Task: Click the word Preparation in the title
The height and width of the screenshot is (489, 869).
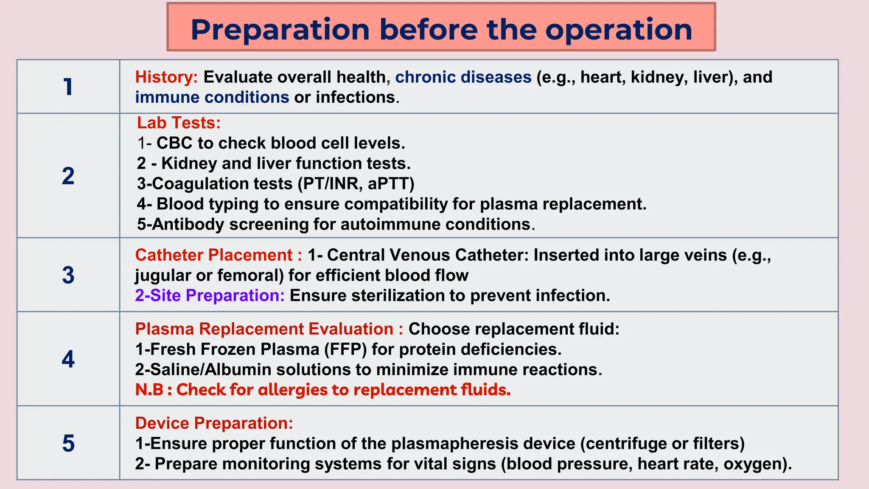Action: click(x=280, y=30)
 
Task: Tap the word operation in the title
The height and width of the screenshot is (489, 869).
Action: click(x=619, y=30)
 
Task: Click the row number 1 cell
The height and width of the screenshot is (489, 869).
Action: click(x=68, y=87)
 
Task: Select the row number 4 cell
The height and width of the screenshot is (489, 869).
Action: click(x=68, y=359)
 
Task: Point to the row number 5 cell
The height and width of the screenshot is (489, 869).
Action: click(x=68, y=443)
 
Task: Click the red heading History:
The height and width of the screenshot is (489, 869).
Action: click(x=166, y=77)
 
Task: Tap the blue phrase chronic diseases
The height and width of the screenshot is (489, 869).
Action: click(x=463, y=77)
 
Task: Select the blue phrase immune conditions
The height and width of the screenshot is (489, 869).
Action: click(x=212, y=97)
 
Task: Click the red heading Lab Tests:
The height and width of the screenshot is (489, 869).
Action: click(x=179, y=123)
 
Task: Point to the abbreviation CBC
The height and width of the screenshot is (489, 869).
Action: click(x=174, y=143)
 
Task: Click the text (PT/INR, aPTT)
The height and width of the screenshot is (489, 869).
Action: click(x=356, y=184)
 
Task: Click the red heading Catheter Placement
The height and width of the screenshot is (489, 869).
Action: click(x=214, y=255)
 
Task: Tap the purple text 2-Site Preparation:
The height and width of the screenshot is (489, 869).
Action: click(x=210, y=295)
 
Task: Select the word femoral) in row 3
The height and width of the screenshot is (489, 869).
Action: click(x=250, y=275)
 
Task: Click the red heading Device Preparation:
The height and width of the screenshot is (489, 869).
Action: click(x=214, y=423)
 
